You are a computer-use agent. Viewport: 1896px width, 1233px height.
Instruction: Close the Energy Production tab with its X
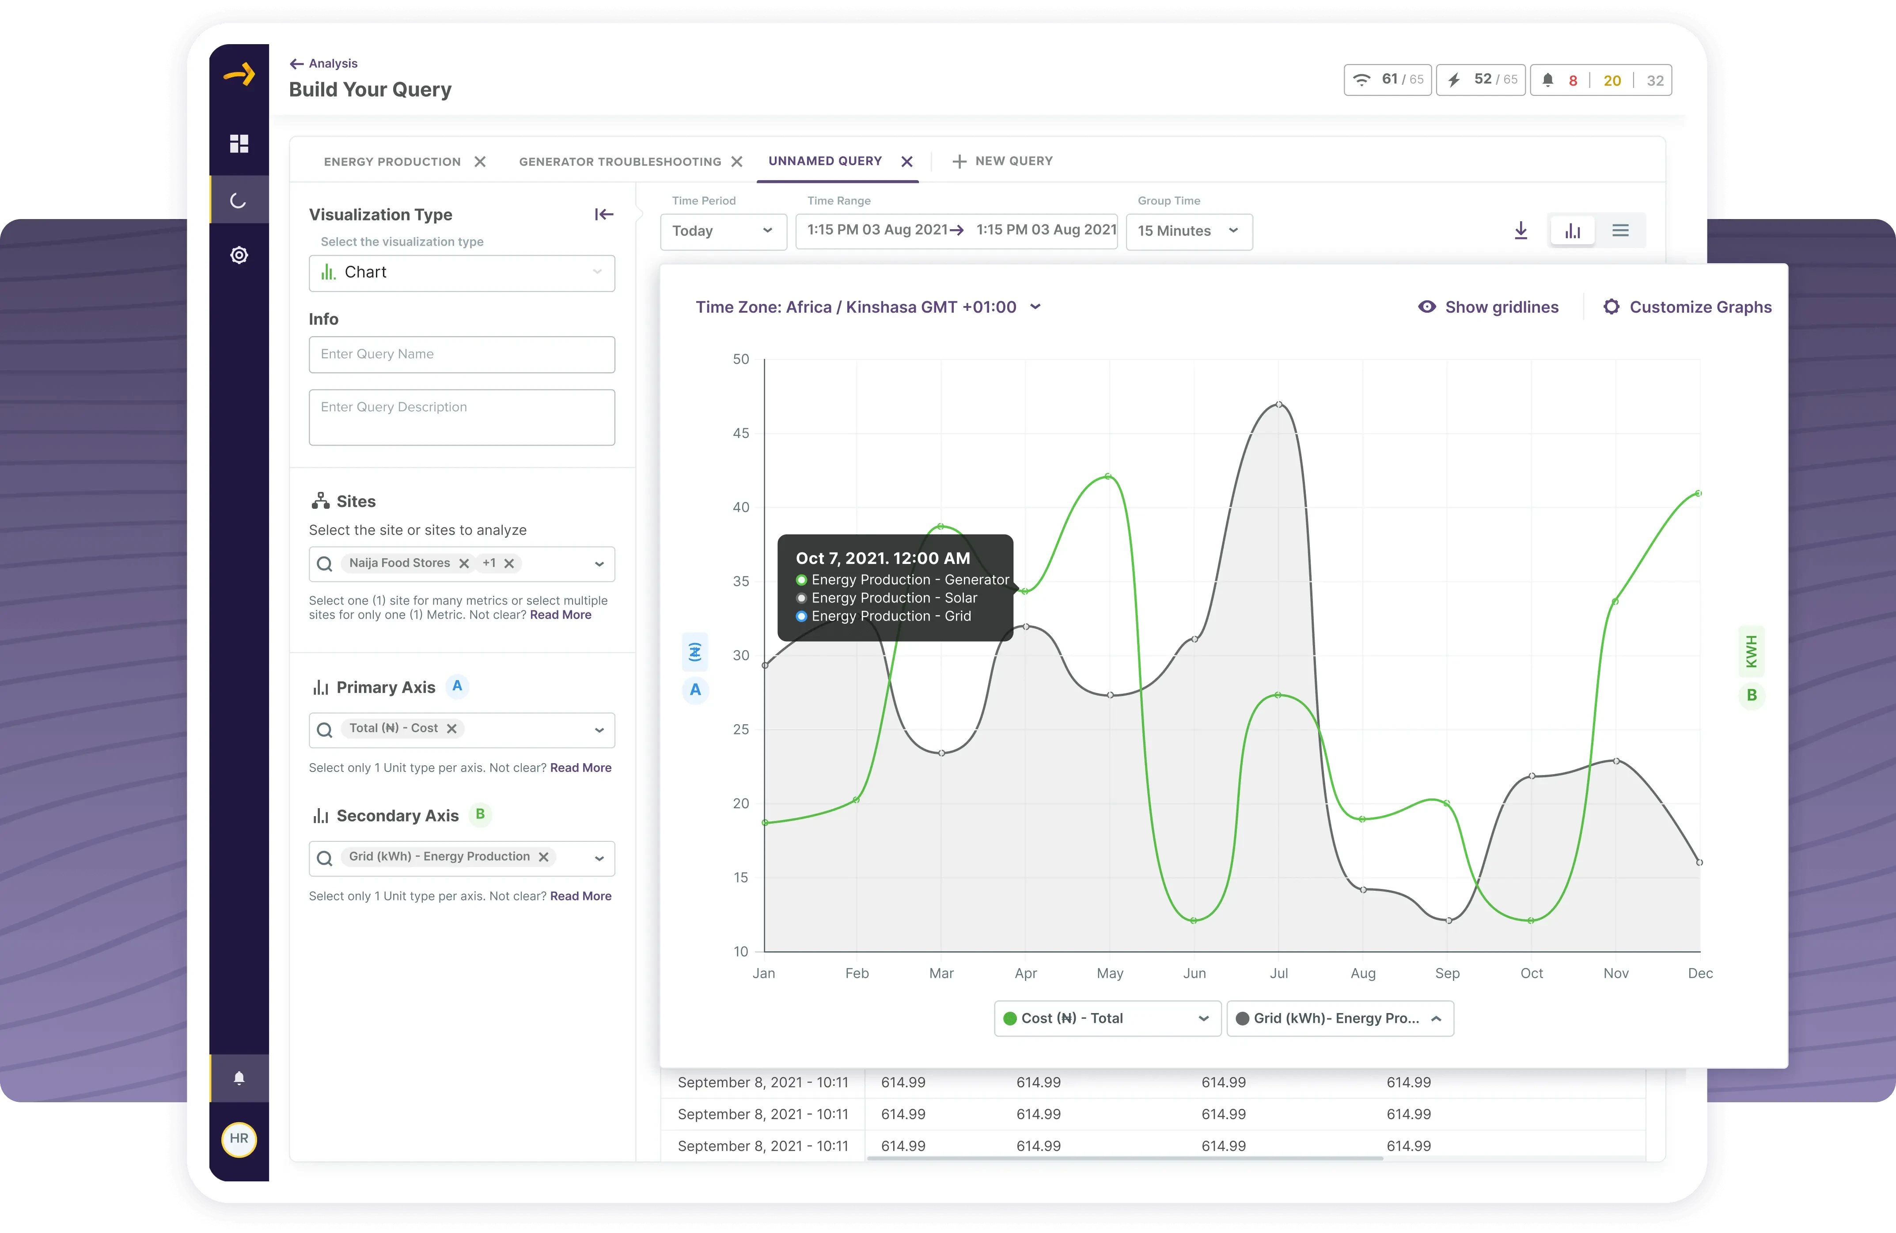[480, 162]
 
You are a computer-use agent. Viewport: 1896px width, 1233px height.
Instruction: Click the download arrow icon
[1520, 231]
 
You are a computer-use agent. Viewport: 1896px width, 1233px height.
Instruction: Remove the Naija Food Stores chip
[464, 563]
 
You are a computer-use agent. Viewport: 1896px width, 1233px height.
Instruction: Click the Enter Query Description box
[461, 417]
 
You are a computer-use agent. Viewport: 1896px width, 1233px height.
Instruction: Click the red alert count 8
[1573, 80]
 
